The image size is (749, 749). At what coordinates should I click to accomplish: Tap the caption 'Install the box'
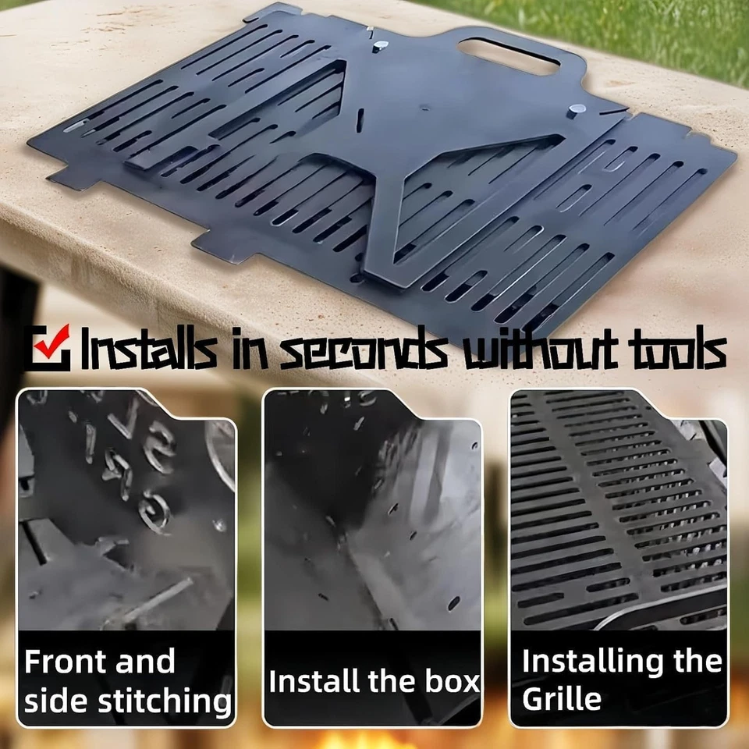click(374, 681)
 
